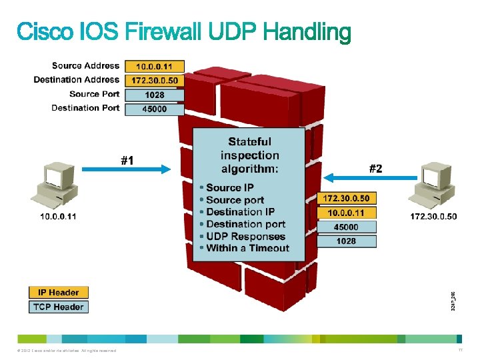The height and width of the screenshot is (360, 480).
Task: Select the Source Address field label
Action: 85,65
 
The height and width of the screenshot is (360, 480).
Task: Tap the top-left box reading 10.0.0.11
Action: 154,67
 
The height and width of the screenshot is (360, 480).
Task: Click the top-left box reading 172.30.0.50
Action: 154,81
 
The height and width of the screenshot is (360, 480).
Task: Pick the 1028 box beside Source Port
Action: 154,95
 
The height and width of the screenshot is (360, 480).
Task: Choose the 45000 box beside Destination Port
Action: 154,109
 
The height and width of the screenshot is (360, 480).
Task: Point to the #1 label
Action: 127,160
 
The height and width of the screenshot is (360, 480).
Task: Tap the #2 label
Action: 376,169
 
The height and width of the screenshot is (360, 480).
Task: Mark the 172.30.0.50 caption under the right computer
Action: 433,217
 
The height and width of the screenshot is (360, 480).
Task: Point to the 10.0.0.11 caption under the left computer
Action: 58,217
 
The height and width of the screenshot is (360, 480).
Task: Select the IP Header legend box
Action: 58,292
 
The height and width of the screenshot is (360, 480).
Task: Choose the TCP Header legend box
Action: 58,307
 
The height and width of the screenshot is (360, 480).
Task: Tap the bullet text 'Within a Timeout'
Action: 247,248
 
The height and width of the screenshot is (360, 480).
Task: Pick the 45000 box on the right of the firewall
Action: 346,227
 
